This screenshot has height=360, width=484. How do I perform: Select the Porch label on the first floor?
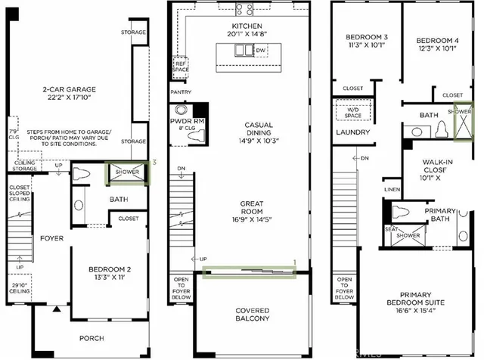pos(92,337)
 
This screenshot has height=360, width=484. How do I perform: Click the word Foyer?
pos(51,239)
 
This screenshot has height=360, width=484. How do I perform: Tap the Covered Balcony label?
pos(253,314)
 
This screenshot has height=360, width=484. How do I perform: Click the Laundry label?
pos(353,133)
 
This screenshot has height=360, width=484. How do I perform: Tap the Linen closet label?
pos(392,189)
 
